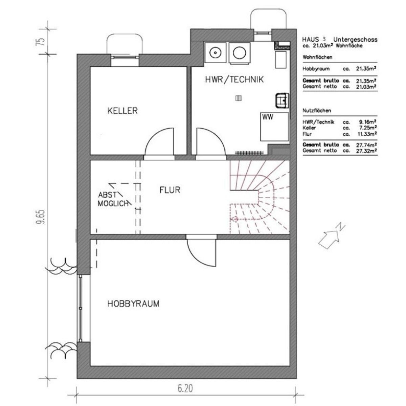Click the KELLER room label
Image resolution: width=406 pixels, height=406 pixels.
click(x=122, y=111)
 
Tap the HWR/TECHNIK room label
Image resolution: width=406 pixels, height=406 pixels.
click(x=234, y=80)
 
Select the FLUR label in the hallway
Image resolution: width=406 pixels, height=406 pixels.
click(x=170, y=190)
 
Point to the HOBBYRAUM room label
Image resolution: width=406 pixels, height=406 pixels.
click(x=133, y=303)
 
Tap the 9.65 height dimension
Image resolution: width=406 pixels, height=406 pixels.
click(x=42, y=217)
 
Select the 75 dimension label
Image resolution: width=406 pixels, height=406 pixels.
click(x=42, y=42)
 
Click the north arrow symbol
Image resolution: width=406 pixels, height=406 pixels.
click(x=332, y=236)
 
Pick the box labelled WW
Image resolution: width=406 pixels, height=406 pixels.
click(x=274, y=127)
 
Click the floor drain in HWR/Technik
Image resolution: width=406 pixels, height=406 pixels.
click(x=239, y=98)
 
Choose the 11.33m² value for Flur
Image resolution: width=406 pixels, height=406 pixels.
click(x=367, y=134)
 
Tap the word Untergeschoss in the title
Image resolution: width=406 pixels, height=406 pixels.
click(x=355, y=39)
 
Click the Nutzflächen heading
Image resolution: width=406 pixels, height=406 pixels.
click(x=317, y=110)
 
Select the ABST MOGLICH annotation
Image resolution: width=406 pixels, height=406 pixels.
click(x=113, y=199)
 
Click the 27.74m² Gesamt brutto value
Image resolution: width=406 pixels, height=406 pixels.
click(x=366, y=145)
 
